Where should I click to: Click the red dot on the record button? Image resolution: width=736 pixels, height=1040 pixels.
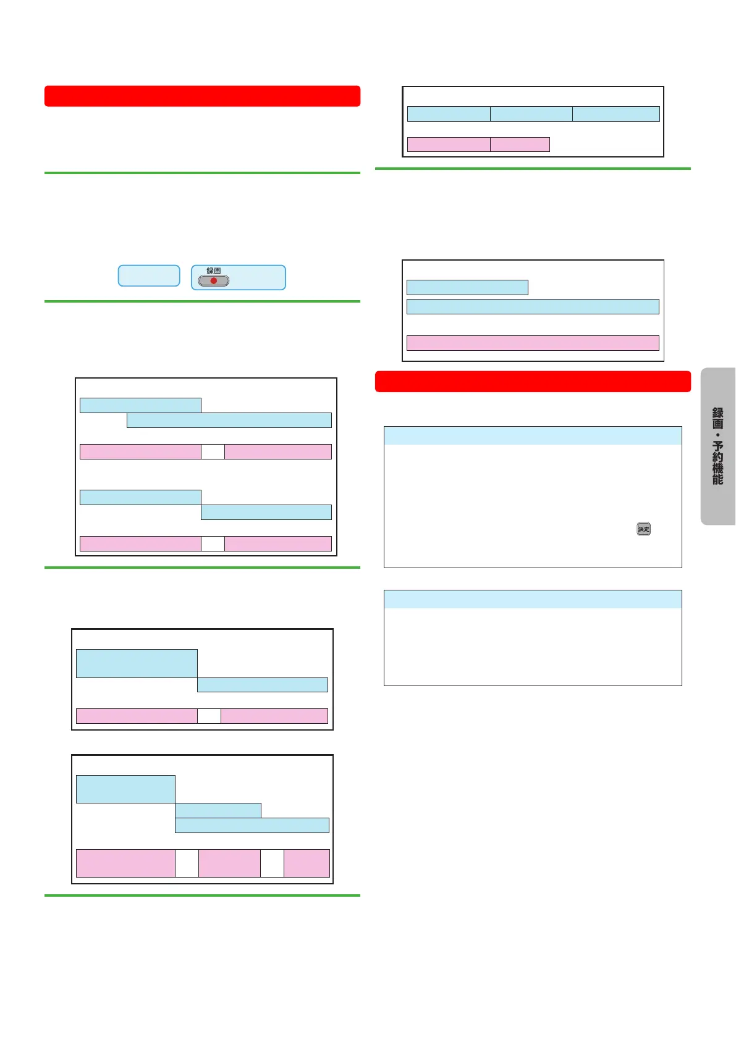click(214, 280)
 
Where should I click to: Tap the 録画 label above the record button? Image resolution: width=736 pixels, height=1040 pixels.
click(214, 270)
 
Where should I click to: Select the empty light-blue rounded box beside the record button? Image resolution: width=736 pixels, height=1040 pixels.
click(149, 276)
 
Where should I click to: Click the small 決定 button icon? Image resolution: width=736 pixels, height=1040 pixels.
click(643, 529)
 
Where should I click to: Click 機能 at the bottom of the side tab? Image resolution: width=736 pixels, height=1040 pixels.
click(717, 474)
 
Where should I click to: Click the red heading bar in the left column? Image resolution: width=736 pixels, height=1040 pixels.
click(202, 96)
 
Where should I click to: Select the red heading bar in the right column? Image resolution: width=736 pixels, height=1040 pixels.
click(533, 382)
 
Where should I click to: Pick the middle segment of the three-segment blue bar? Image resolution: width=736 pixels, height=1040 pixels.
click(531, 114)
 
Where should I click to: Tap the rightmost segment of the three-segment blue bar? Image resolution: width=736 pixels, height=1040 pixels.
click(616, 114)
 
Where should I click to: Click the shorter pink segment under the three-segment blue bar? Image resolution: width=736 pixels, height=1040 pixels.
click(520, 145)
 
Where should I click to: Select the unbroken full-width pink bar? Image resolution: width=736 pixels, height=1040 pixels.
click(533, 343)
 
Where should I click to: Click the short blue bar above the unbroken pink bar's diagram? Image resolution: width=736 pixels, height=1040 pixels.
click(467, 287)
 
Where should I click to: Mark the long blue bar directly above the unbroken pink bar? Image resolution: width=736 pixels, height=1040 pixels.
click(533, 306)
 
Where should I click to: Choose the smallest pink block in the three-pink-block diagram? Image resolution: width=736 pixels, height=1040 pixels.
click(307, 863)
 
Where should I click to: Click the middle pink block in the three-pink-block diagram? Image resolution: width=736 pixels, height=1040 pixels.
click(229, 863)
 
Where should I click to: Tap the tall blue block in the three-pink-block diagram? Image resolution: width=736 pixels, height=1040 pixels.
click(125, 789)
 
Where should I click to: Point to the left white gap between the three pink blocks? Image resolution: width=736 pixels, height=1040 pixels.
click(187, 863)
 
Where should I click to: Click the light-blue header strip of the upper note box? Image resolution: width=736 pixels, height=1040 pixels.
click(533, 435)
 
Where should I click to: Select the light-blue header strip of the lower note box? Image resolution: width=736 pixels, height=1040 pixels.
click(533, 599)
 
